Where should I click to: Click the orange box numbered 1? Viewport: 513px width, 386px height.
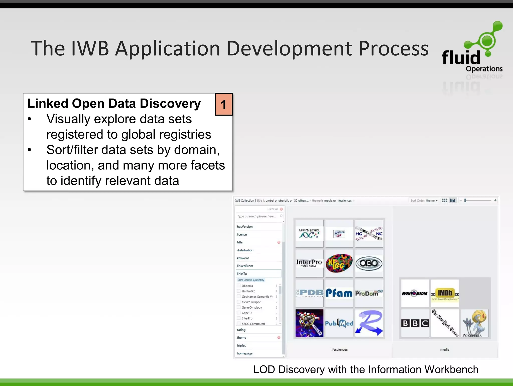[x=224, y=104]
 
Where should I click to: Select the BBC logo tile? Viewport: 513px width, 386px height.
[x=415, y=323]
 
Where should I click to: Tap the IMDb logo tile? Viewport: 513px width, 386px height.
[x=445, y=293]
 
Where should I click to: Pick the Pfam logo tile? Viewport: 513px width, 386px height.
[x=339, y=293]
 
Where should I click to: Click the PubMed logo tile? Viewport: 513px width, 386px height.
[x=339, y=323]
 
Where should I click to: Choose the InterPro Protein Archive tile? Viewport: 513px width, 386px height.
[x=309, y=263]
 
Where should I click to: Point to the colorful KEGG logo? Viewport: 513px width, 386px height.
[x=339, y=263]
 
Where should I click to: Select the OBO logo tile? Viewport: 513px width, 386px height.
[x=369, y=263]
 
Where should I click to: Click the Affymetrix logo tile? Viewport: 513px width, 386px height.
[x=309, y=233]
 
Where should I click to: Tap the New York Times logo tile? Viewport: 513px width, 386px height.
[x=445, y=323]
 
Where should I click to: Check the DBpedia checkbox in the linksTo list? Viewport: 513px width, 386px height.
[x=239, y=286]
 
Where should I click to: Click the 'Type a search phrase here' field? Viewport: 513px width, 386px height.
[x=258, y=216]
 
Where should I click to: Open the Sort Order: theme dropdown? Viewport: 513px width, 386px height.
[x=424, y=201]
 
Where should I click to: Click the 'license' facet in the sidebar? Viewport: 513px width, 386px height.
[x=242, y=234]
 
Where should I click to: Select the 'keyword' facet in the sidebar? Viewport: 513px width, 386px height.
[x=243, y=258]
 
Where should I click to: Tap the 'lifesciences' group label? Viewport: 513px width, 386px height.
[x=339, y=349]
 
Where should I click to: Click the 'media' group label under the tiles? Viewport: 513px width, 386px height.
[x=445, y=349]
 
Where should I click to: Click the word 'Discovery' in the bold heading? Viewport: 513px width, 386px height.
[x=170, y=104]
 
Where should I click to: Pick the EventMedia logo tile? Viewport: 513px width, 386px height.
[x=415, y=293]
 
